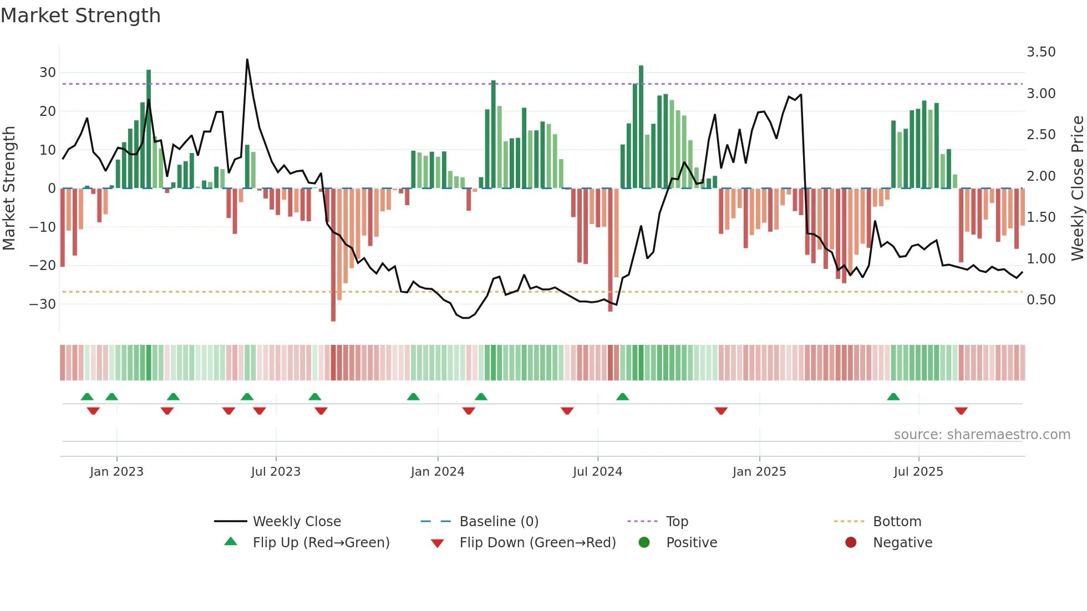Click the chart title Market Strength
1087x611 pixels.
pos(80,16)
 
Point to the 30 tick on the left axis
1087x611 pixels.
pos(48,73)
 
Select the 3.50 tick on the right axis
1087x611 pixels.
pos(1041,52)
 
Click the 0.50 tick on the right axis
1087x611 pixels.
pos(1041,300)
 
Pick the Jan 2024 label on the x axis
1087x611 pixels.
pos(438,472)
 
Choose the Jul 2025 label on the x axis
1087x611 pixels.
pos(918,472)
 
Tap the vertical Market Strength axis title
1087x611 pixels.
pos(9,188)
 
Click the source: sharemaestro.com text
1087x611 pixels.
pos(982,435)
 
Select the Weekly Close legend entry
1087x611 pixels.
pos(297,522)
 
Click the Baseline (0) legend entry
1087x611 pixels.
pos(499,522)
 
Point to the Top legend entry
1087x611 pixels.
pos(677,522)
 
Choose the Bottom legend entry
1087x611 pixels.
pos(897,522)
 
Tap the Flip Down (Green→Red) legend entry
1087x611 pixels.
pos(537,543)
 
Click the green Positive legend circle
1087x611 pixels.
pos(644,543)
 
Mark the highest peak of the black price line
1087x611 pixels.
pos(247,60)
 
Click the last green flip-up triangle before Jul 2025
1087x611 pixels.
pos(893,397)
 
